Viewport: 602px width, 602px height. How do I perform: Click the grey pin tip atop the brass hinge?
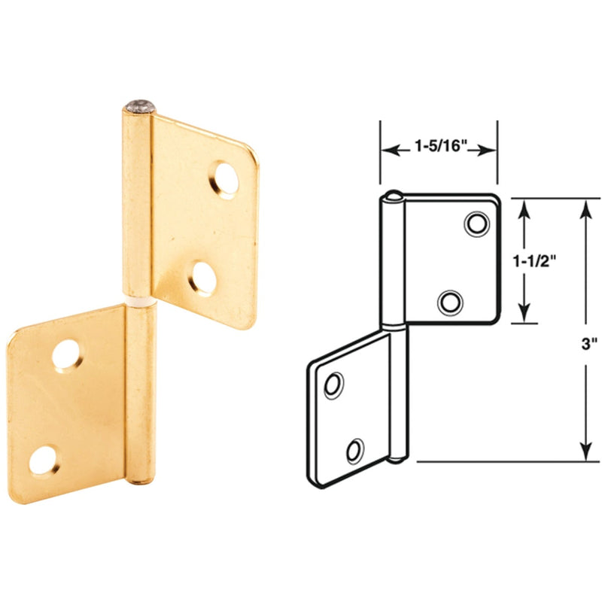tap(139, 107)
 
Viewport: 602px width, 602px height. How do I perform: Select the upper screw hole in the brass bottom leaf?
tap(66, 354)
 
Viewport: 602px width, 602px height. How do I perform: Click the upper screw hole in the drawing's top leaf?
tap(475, 223)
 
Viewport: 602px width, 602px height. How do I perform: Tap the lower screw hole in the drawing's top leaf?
tap(450, 303)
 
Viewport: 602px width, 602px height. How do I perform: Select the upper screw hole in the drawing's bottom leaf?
tap(332, 386)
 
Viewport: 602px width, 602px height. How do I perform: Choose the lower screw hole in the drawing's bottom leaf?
tap(354, 450)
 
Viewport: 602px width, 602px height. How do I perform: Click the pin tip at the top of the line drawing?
tap(392, 197)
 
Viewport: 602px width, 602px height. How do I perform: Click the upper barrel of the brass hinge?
tap(137, 203)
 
